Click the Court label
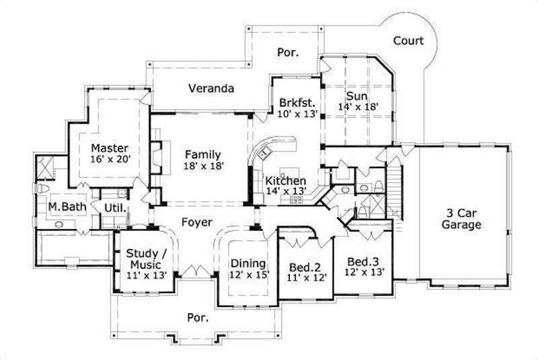[408, 41]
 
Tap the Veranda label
[211, 88]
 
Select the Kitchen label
[286, 181]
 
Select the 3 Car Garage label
[461, 219]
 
